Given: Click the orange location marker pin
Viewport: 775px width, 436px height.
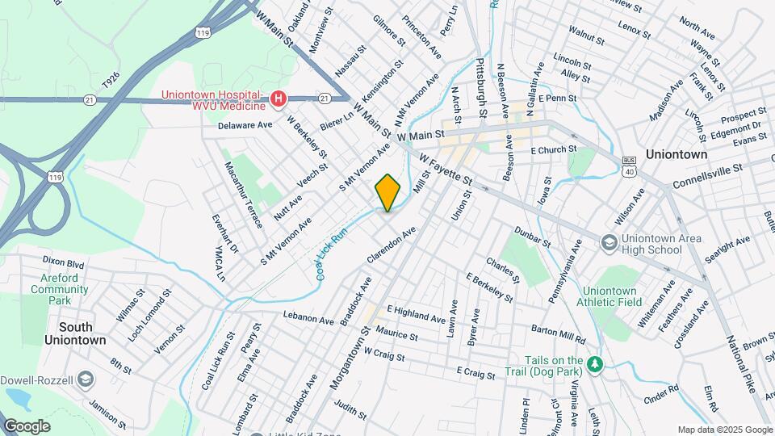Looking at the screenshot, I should tap(387, 192).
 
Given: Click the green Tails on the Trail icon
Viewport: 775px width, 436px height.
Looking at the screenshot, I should tap(595, 365).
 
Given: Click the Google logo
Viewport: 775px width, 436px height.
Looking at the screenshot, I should tap(27, 426).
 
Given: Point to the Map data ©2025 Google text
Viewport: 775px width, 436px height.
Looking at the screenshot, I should tap(724, 430).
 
